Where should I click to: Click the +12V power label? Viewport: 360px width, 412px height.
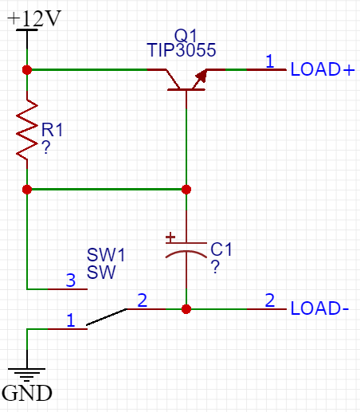pyautogui.click(x=34, y=18)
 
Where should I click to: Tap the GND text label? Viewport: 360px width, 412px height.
pyautogui.click(x=27, y=393)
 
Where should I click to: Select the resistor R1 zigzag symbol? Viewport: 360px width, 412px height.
pyautogui.click(x=27, y=130)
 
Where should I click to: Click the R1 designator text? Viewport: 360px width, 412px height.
pyautogui.click(x=52, y=130)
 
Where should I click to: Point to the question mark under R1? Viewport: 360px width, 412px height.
pyautogui.click(x=46, y=147)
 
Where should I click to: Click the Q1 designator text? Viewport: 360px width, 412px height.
pyautogui.click(x=186, y=35)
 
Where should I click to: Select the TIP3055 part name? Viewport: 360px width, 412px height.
pyautogui.click(x=182, y=50)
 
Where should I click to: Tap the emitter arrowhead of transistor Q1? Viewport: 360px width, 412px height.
pyautogui.click(x=202, y=76)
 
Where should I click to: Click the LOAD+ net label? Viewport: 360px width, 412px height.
pyautogui.click(x=323, y=69)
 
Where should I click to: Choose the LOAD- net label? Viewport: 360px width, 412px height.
pyautogui.click(x=319, y=308)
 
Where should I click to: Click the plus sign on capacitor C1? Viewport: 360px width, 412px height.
pyautogui.click(x=170, y=237)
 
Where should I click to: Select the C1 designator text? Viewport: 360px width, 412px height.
pyautogui.click(x=221, y=249)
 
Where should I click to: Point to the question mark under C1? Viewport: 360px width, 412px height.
pyautogui.click(x=215, y=267)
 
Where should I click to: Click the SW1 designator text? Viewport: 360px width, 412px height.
pyautogui.click(x=106, y=255)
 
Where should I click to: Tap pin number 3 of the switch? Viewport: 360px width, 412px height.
pyautogui.click(x=71, y=281)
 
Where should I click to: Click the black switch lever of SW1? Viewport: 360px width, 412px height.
pyautogui.click(x=107, y=316)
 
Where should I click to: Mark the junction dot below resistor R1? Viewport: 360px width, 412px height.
pyautogui.click(x=27, y=190)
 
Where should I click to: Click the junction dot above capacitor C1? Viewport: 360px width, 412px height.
pyautogui.click(x=186, y=190)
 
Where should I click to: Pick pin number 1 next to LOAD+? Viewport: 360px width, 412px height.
pyautogui.click(x=270, y=61)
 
